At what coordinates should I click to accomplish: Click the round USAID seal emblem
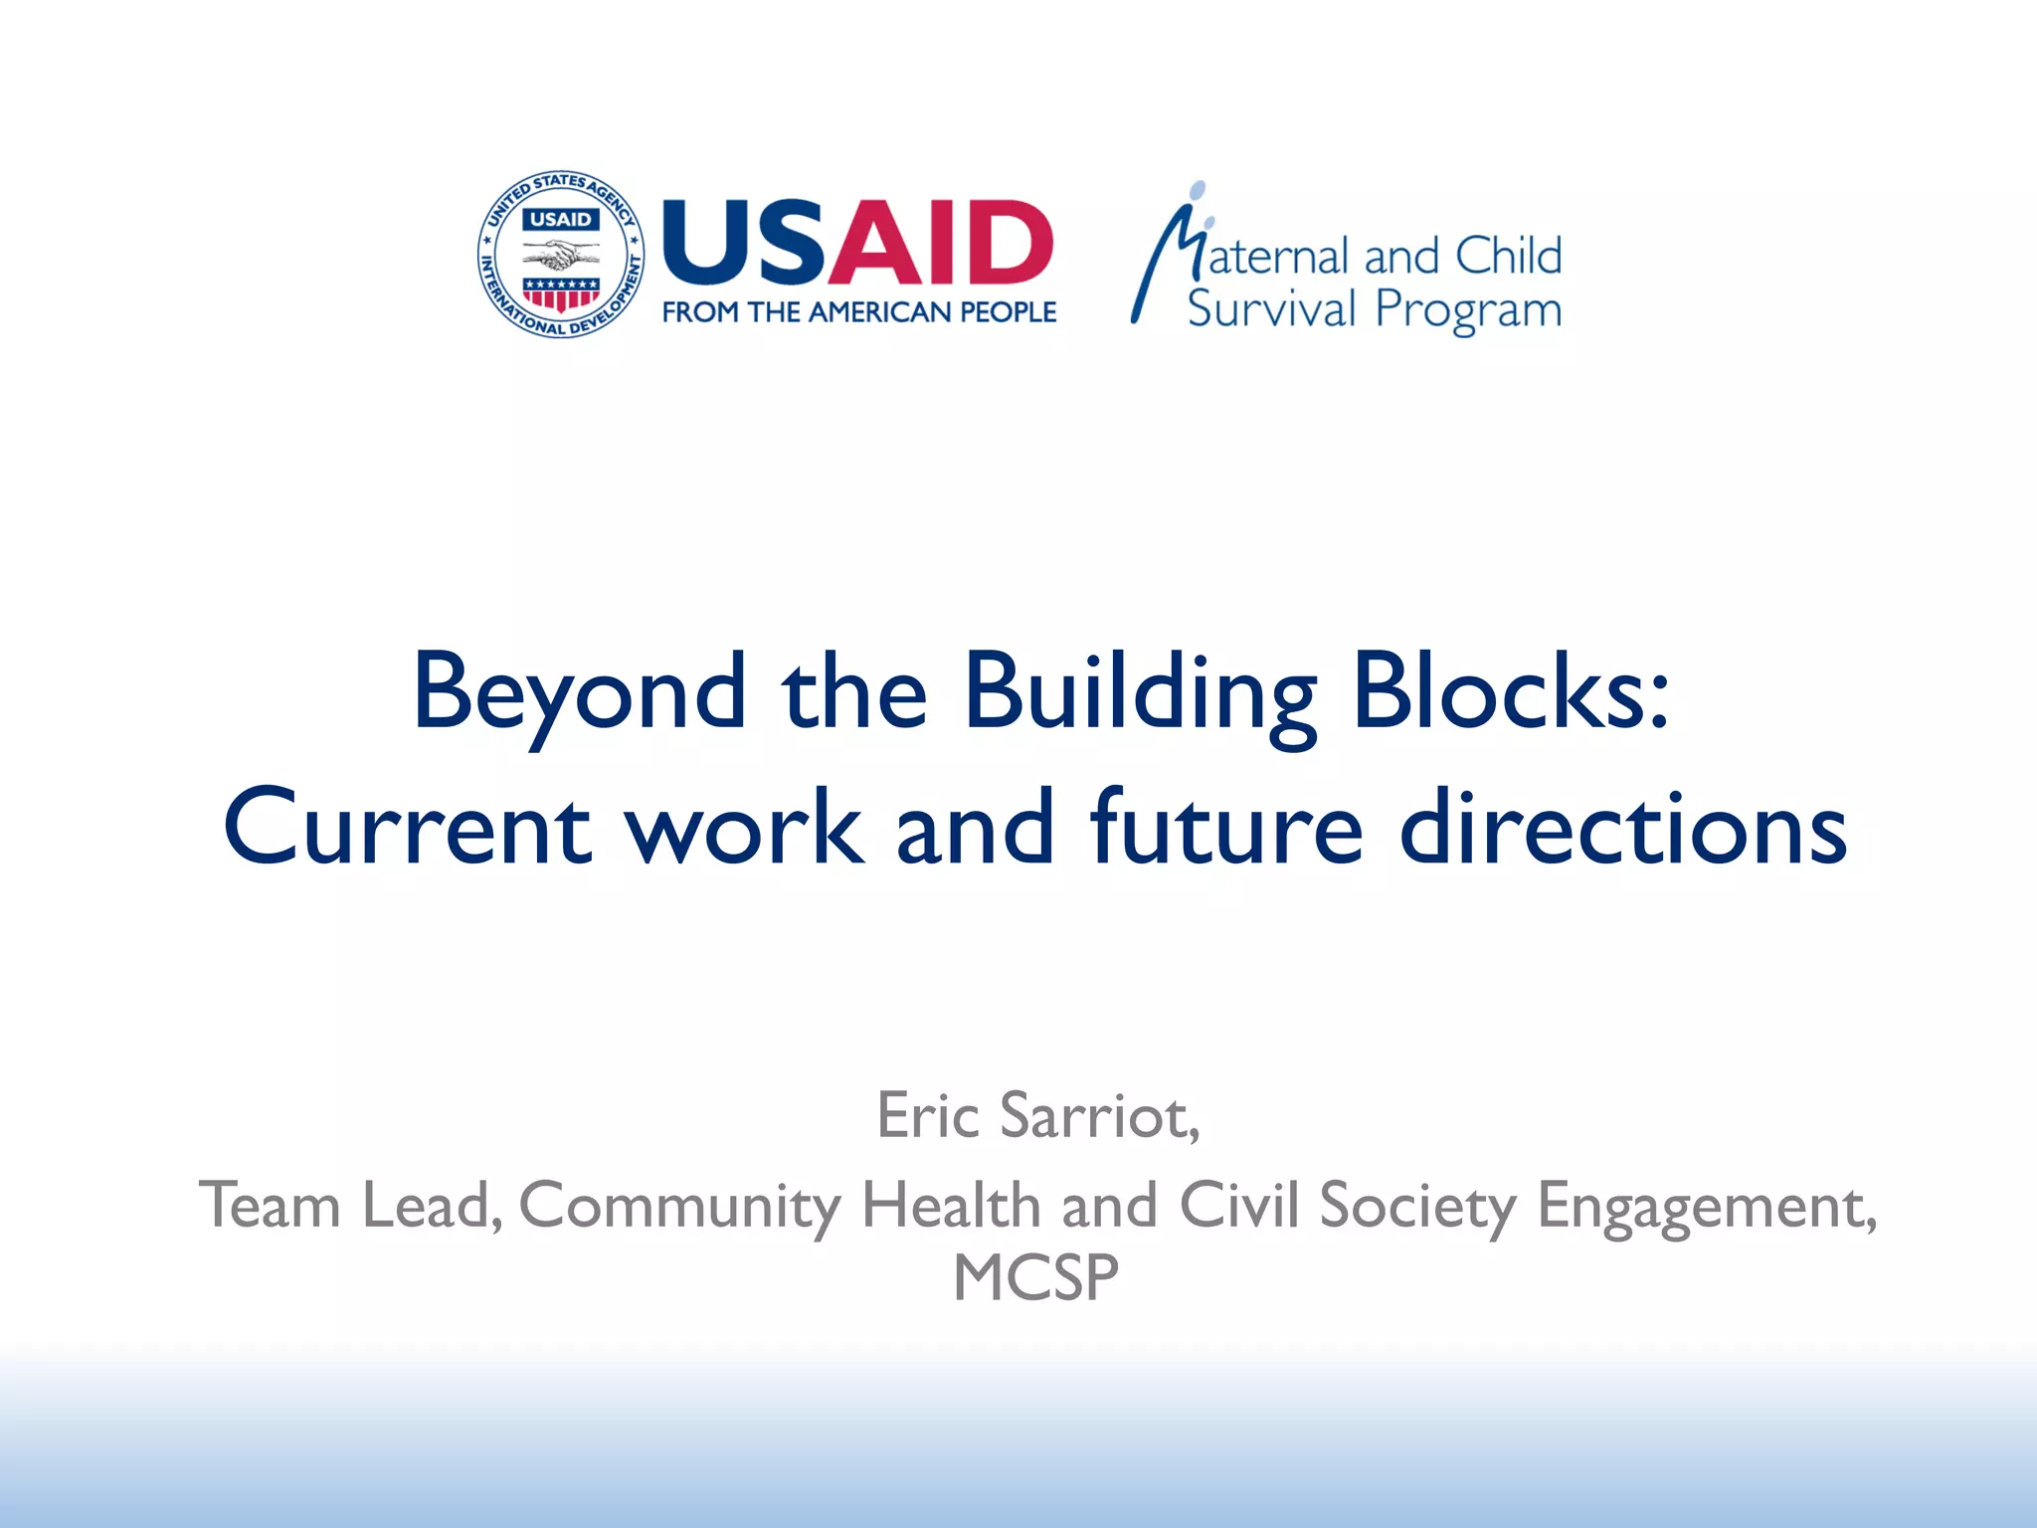click(561, 254)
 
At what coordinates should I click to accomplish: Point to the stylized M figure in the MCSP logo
click(1169, 254)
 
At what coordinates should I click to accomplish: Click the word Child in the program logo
click(1508, 257)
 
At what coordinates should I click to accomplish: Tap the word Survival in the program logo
click(1271, 309)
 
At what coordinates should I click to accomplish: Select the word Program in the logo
click(1468, 311)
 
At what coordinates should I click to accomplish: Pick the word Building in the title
click(1140, 692)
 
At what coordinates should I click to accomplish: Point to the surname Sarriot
click(1100, 1116)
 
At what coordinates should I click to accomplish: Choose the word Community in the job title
click(679, 1207)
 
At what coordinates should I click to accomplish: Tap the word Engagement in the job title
click(1707, 1207)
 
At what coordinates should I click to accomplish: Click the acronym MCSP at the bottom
click(1035, 1278)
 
